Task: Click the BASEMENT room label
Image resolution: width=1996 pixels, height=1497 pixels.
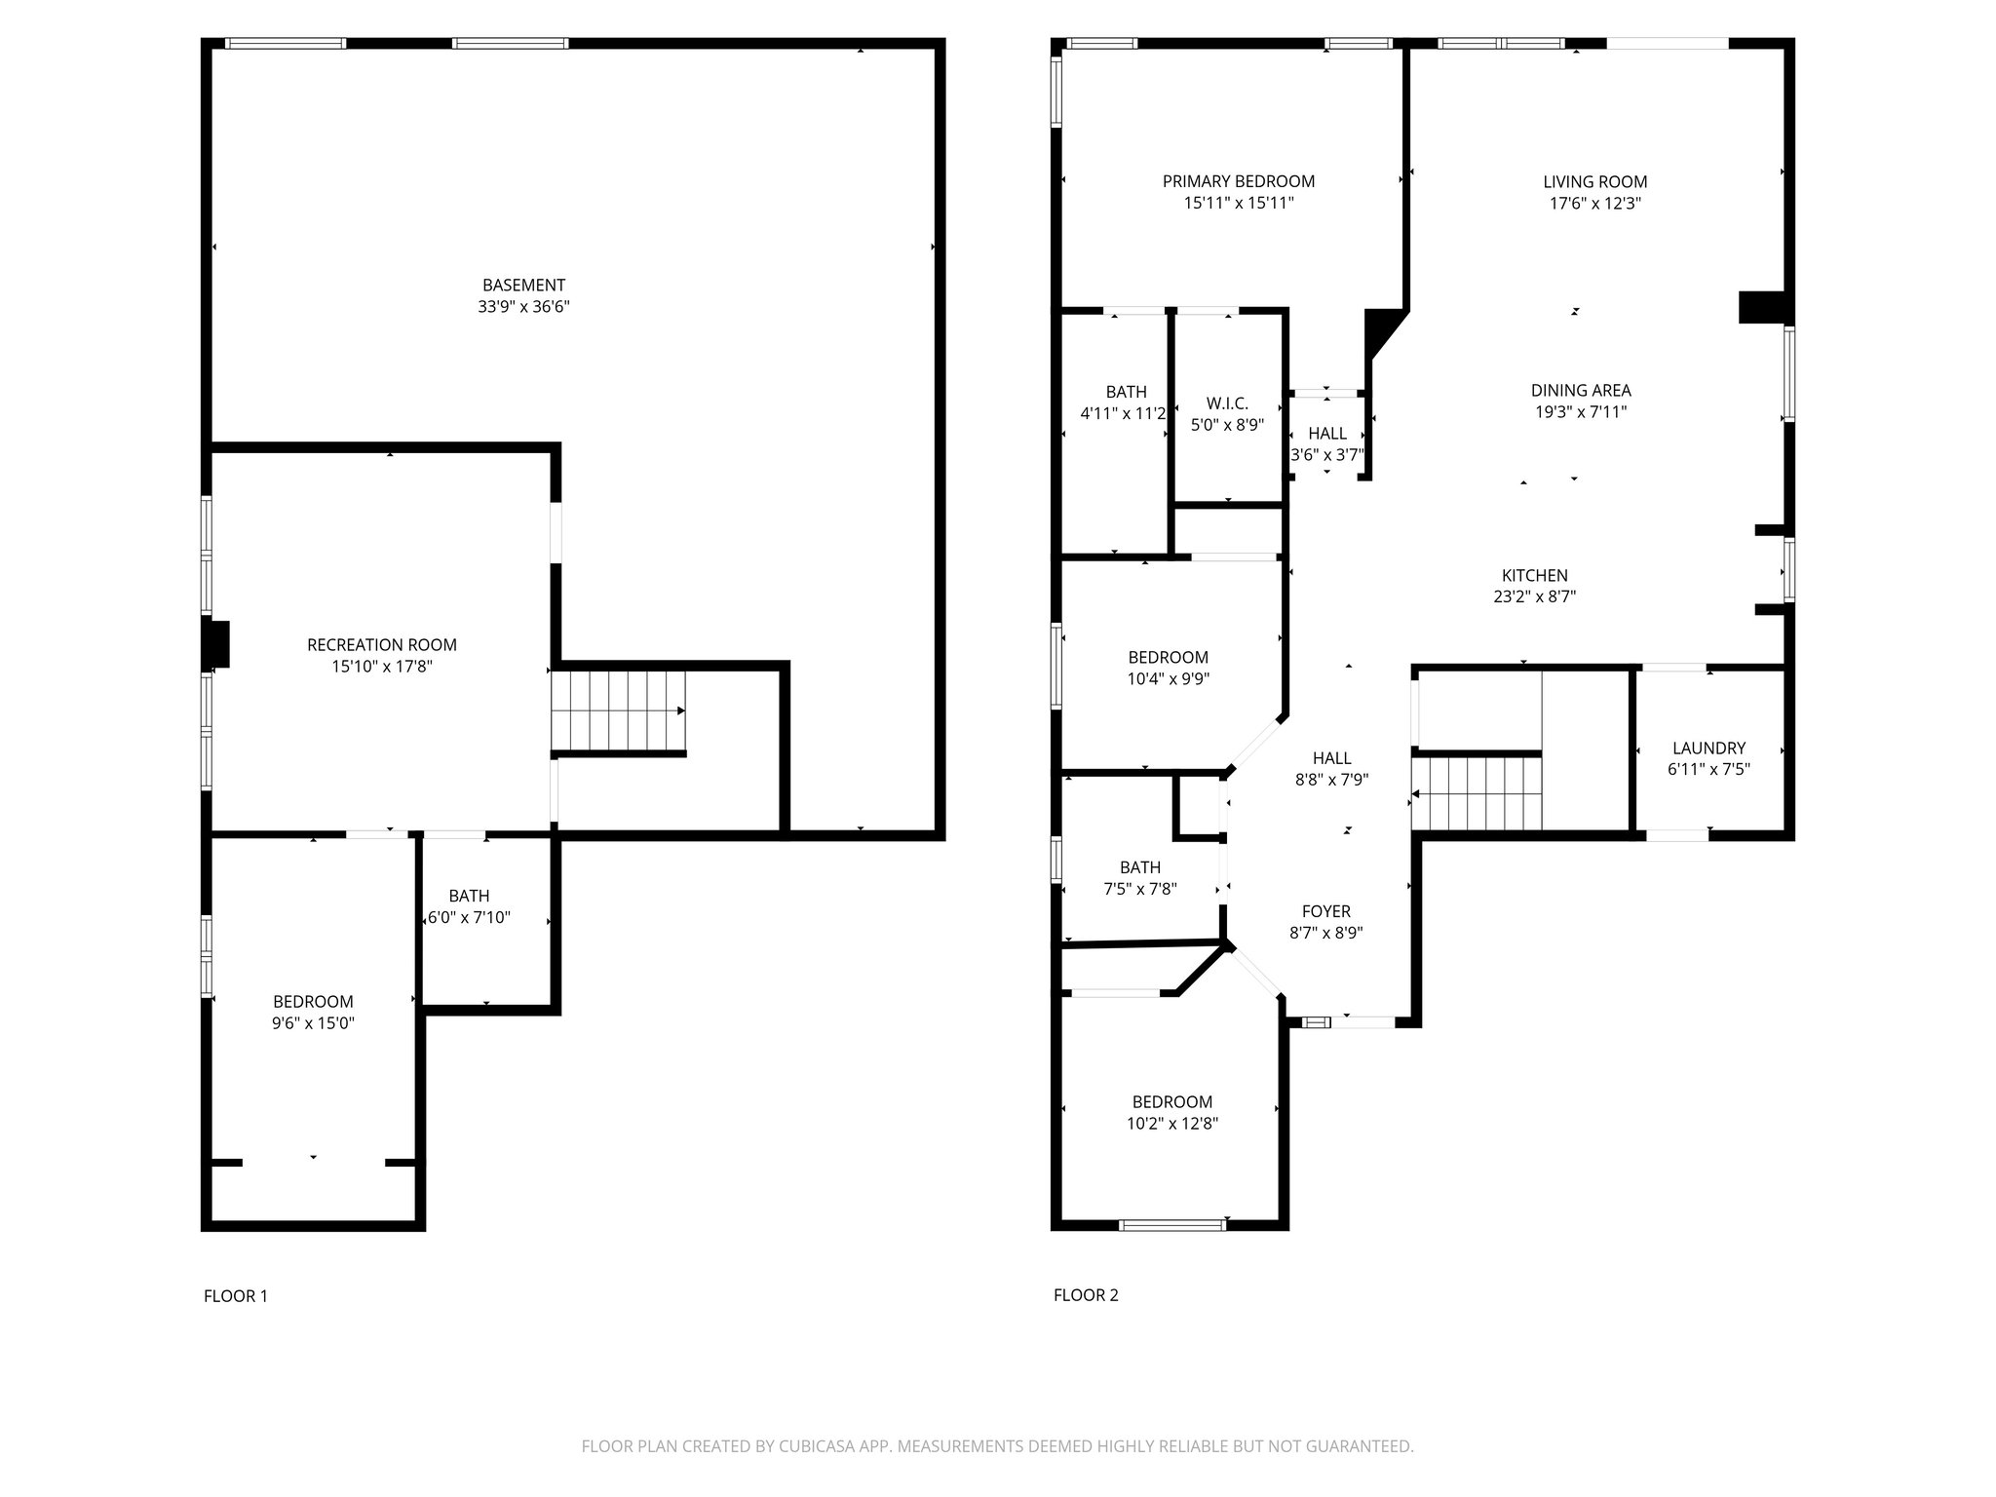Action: [x=523, y=286]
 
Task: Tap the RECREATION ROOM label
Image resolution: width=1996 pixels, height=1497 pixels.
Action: [x=382, y=645]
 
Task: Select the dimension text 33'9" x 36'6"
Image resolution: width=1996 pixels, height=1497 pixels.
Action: [x=523, y=307]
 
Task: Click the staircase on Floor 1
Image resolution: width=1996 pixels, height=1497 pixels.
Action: [x=619, y=712]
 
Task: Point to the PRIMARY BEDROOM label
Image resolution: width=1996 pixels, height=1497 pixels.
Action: [x=1239, y=181]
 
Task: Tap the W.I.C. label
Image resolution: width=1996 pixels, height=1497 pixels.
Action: [x=1227, y=403]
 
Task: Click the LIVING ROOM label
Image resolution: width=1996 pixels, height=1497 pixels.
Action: [x=1595, y=182]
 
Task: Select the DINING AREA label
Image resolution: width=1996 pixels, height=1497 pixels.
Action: [x=1581, y=391]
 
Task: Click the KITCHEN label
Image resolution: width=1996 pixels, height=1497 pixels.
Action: [x=1535, y=576]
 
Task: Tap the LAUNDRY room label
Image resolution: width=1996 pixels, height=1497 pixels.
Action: [x=1708, y=748]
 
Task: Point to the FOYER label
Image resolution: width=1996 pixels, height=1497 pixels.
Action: [x=1326, y=911]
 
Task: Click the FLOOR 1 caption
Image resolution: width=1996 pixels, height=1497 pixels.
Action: [x=235, y=1296]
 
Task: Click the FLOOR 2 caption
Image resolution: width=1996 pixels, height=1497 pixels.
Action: [x=1086, y=1295]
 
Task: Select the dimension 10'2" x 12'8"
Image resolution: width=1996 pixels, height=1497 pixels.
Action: [x=1172, y=1123]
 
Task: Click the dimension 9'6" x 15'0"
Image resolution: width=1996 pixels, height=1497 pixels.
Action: [x=313, y=1022]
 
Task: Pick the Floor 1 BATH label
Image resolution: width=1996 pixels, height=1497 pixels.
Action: [x=469, y=896]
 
